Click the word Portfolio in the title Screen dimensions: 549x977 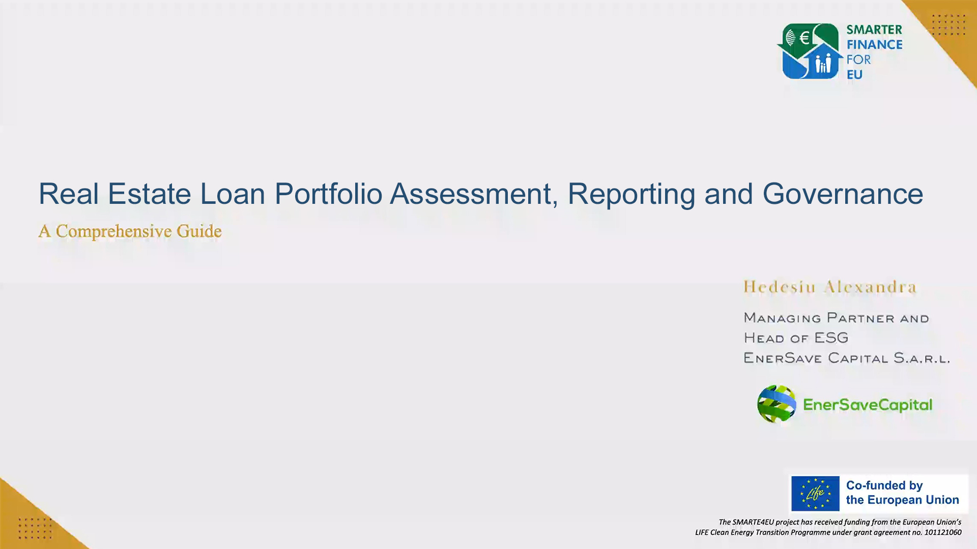click(328, 194)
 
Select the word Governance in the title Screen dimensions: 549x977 click(842, 194)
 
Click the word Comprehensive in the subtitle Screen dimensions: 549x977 click(113, 231)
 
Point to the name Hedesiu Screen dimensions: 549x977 click(779, 287)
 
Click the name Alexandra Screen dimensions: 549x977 click(870, 287)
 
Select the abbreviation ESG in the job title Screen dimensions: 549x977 click(831, 338)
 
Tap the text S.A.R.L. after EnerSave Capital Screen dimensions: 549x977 click(922, 358)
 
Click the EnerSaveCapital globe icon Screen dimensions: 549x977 click(776, 404)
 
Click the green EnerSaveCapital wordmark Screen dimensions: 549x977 click(868, 405)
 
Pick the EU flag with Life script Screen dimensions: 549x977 click(815, 494)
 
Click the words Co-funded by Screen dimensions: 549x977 click(884, 485)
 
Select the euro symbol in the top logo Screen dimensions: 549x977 click(804, 38)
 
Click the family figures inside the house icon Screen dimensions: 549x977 click(823, 64)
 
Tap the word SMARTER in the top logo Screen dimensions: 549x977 click(874, 30)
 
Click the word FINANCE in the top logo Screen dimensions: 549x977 click(874, 45)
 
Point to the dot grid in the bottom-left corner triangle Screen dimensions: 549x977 click(35, 528)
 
